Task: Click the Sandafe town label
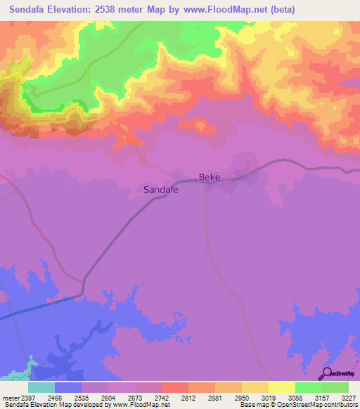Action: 160,190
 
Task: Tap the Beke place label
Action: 210,178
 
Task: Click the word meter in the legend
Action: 11,398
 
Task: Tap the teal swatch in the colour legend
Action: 41,387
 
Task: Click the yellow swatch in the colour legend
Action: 282,387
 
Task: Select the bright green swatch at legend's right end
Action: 335,387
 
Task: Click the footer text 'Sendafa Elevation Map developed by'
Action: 49,405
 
